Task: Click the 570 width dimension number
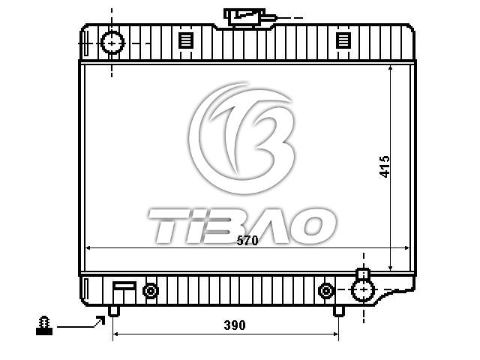pos(247,241)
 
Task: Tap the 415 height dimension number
pos(385,166)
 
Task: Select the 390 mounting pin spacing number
pos(235,325)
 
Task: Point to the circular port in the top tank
pos(112,43)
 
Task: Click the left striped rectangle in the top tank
pos(186,40)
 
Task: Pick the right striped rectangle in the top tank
pos(343,40)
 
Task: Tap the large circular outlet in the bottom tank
pos(363,289)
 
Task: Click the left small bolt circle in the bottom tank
pos(150,290)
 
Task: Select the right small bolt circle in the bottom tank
pos(325,290)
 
